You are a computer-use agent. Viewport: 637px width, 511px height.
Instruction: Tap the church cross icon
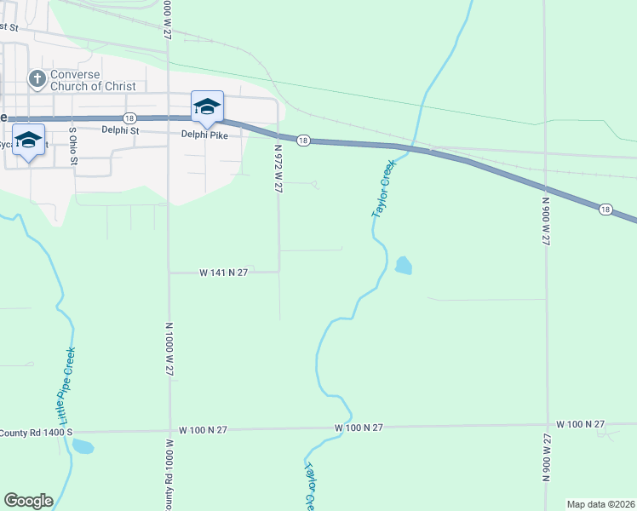(37, 79)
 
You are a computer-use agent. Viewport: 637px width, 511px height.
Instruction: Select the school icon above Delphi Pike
(207, 108)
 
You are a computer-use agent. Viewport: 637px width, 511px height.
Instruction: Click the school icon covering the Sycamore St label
(28, 141)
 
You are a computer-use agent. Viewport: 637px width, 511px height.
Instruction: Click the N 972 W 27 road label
(278, 169)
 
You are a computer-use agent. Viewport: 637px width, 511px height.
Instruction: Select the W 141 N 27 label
(223, 273)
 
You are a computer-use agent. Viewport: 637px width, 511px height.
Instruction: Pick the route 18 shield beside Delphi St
(129, 118)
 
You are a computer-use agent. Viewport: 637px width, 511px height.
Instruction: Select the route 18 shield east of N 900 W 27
(605, 209)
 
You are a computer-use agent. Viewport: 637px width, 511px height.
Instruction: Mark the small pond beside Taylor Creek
(403, 266)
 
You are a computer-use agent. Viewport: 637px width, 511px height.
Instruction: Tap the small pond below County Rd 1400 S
(83, 446)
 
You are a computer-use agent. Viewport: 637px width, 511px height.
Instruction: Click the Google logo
(28, 501)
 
